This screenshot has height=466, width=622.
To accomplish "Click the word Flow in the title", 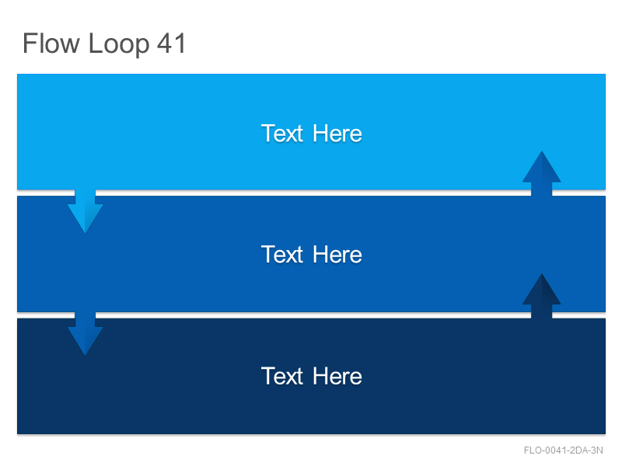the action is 51,43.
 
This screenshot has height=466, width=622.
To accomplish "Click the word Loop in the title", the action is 119,45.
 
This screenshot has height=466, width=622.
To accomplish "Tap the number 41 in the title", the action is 171,43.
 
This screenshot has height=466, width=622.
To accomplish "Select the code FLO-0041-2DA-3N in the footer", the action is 563,450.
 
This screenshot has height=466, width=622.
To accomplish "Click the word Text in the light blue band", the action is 282,133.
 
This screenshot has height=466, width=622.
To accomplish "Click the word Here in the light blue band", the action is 337,133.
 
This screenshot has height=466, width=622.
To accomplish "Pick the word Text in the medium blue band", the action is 282,255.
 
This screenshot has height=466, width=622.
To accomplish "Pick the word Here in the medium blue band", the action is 337,255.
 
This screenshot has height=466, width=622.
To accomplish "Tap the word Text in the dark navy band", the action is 282,376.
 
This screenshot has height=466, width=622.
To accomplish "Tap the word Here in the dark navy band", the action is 337,376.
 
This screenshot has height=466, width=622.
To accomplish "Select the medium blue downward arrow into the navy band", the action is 86,334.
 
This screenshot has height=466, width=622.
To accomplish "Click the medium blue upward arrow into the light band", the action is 541,173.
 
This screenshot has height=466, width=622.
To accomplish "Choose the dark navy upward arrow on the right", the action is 541,296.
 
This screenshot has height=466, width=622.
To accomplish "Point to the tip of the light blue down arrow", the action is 86,233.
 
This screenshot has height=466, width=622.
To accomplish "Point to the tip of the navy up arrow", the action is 541,273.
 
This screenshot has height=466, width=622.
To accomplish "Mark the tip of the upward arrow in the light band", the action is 541,151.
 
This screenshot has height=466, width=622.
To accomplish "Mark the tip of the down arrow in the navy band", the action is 86,356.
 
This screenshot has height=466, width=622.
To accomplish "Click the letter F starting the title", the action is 30,43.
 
